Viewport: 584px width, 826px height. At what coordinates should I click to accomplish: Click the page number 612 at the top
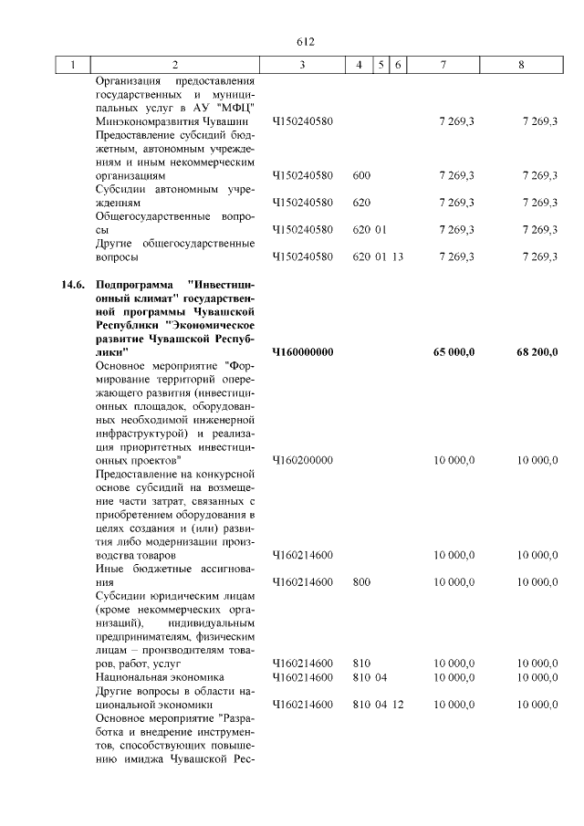click(x=305, y=42)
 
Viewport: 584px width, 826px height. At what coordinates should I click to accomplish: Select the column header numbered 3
click(x=302, y=66)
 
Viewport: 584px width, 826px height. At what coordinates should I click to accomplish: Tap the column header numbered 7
click(x=443, y=66)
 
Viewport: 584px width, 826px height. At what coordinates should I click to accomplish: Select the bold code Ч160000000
click(x=302, y=352)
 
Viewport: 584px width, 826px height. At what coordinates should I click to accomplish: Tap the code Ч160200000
click(x=302, y=461)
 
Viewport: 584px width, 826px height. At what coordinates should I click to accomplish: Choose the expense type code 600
click(x=360, y=175)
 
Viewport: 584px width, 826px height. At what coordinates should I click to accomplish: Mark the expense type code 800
click(x=360, y=582)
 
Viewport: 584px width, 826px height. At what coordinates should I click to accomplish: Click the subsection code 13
click(x=397, y=256)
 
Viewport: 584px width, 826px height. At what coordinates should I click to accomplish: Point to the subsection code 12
click(x=397, y=705)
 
